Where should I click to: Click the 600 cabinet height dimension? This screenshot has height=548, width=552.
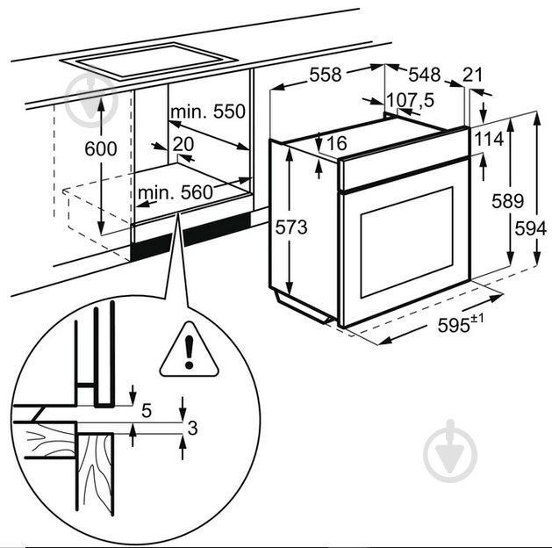100,149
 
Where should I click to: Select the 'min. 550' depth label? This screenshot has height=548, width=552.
206,113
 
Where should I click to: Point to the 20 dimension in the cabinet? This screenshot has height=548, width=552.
183,144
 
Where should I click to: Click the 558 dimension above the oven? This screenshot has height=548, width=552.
325,76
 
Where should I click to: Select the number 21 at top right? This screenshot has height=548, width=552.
474,76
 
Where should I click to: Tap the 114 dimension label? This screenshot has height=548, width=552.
489,139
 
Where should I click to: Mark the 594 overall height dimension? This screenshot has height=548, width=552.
526,227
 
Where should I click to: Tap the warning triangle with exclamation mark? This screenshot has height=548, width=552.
189,349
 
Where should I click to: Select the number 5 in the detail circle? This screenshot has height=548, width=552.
147,409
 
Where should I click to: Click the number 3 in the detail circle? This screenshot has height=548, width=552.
193,429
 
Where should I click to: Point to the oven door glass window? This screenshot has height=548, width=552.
406,242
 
